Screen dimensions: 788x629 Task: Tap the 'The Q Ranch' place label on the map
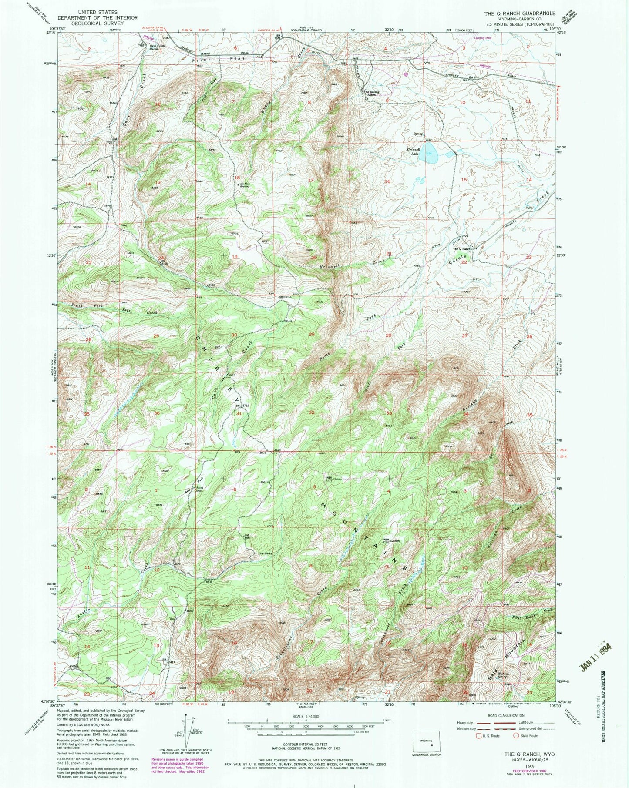pos(462,249)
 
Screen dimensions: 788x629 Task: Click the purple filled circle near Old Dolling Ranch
pos(406,74)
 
